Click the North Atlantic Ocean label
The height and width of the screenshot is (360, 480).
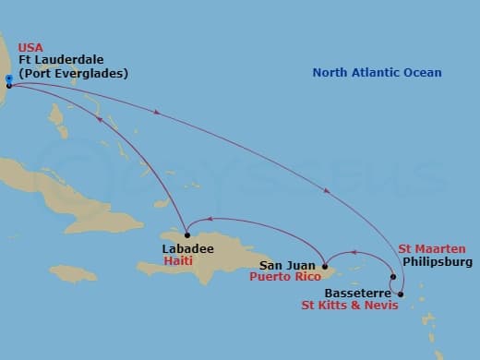click(x=377, y=73)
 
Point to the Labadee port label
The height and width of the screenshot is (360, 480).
click(x=187, y=248)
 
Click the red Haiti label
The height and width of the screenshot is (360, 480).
click(x=178, y=261)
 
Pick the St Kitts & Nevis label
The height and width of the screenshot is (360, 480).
click(x=350, y=306)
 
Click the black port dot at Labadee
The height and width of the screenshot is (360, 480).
click(x=186, y=234)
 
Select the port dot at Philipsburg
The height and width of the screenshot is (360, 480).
click(x=393, y=277)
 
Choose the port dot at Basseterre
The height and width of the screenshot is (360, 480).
click(x=401, y=294)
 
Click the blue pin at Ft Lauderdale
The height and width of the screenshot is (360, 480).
click(x=7, y=79)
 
